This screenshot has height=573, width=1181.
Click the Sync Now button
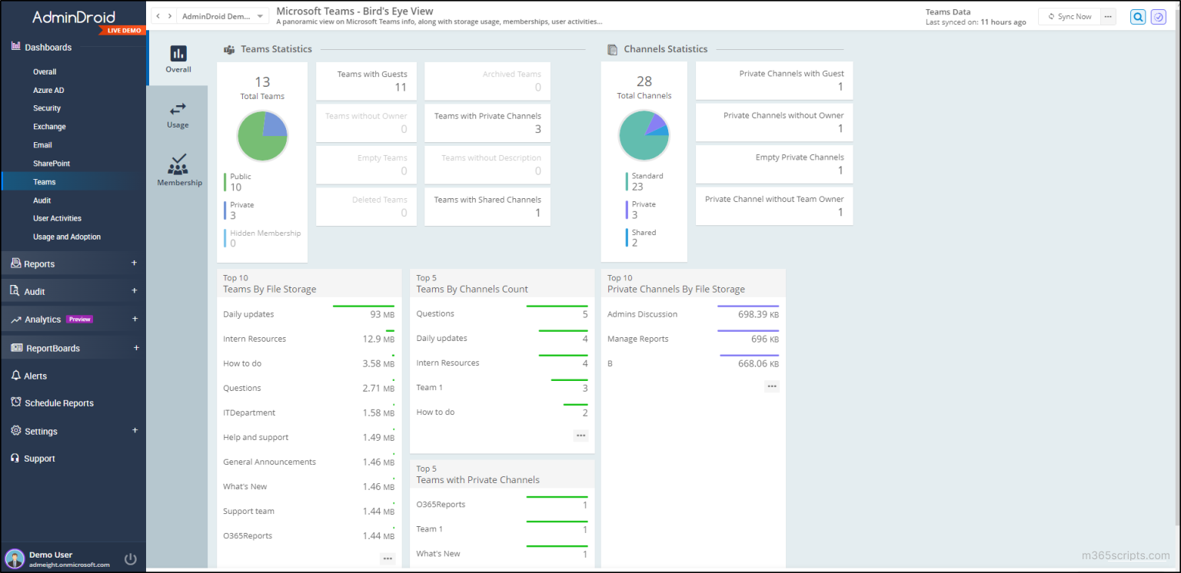(x=1070, y=16)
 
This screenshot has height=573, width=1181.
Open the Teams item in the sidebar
(x=45, y=182)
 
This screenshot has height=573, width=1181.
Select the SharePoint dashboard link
(x=52, y=164)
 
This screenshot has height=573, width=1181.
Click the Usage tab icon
(x=178, y=109)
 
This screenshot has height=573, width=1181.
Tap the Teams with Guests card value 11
(x=401, y=88)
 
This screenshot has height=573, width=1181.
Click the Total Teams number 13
(x=262, y=82)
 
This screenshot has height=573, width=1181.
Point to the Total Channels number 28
(x=644, y=81)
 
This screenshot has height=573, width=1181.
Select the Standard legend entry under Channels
(x=647, y=176)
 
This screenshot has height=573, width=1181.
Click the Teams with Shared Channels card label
(x=487, y=200)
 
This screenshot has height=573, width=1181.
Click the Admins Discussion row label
(x=642, y=314)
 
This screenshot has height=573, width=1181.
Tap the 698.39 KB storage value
(x=758, y=314)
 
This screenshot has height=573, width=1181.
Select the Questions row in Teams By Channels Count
(x=435, y=313)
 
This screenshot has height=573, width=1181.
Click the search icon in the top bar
(x=1138, y=17)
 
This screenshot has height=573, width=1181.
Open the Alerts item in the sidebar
(x=35, y=376)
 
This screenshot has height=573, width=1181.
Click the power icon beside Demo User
(x=131, y=558)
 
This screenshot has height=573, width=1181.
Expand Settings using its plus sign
(x=135, y=431)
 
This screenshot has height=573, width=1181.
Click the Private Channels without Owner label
(x=783, y=115)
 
